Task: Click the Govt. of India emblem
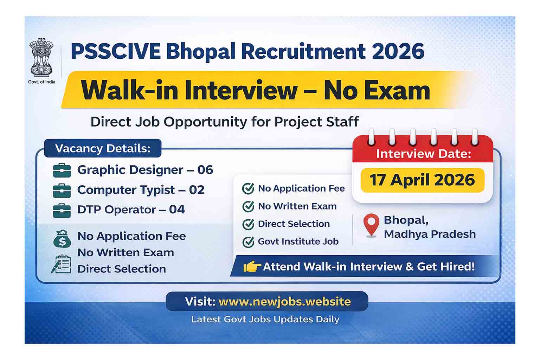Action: [41, 58]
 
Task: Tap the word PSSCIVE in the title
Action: [116, 51]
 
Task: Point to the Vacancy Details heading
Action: [103, 148]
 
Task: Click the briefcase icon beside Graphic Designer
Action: [62, 171]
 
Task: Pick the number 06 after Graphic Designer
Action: [205, 170]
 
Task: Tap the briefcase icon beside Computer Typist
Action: [62, 191]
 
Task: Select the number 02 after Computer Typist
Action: [197, 190]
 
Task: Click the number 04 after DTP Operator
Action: [177, 210]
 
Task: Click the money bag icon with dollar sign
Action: [62, 239]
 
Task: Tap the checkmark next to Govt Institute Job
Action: [248, 242]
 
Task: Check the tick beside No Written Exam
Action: [248, 206]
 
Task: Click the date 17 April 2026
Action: [422, 180]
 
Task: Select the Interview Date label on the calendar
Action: [423, 154]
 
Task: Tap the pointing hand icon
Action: [252, 267]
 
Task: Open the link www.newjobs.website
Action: [284, 302]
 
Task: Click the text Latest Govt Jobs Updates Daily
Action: [265, 320]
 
